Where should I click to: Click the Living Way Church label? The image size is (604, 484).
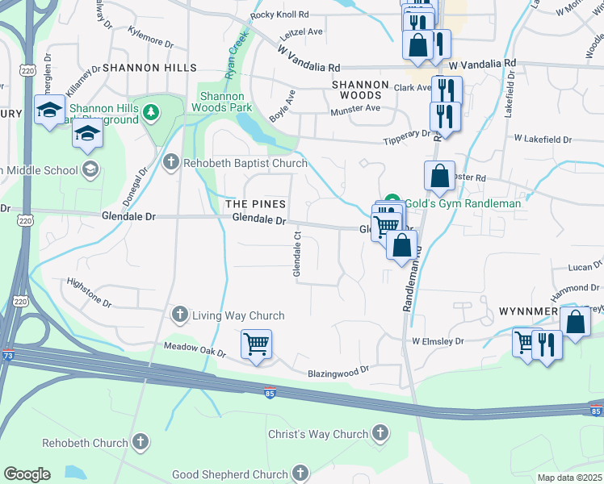point(238,315)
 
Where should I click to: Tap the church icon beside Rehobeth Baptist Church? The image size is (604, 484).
point(170,163)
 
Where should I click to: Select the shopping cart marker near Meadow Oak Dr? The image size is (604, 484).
point(257,344)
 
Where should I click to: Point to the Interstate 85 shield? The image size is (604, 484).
point(270,393)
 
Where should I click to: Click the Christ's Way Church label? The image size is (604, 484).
point(318,434)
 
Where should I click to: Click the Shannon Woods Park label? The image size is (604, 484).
point(226,102)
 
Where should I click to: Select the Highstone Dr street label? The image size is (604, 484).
point(89,291)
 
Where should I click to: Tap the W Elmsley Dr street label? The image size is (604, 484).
point(438,341)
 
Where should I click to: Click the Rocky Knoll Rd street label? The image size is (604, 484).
point(280,15)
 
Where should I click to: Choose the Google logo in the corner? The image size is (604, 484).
point(27,474)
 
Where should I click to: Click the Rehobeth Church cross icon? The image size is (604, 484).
point(141,441)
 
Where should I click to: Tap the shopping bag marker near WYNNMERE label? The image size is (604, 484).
point(575,323)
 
